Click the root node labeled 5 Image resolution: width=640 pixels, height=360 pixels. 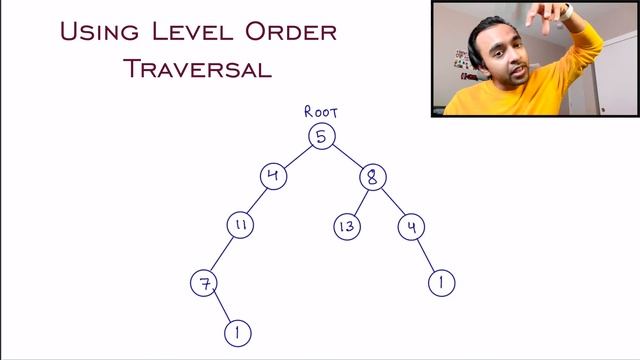click(x=321, y=136)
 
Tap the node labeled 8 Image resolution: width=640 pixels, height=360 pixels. click(x=372, y=178)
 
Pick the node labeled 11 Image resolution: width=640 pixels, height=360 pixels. click(x=239, y=226)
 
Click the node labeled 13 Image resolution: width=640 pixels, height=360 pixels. click(x=346, y=227)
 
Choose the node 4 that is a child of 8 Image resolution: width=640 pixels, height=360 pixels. click(x=410, y=227)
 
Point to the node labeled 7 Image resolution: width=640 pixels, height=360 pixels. click(x=204, y=283)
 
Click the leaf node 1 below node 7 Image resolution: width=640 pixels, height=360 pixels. click(x=237, y=332)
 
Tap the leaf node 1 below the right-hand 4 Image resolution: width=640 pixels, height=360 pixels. click(x=441, y=283)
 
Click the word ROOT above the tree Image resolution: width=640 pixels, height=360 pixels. click(x=321, y=112)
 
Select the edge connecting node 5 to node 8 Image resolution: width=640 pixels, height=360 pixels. click(x=347, y=157)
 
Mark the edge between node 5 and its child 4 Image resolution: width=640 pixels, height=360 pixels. click(x=297, y=156)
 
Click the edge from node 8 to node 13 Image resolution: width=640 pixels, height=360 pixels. click(x=360, y=202)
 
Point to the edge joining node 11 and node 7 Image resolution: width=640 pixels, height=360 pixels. click(x=222, y=254)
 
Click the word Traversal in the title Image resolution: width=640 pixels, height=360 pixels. click(x=198, y=68)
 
